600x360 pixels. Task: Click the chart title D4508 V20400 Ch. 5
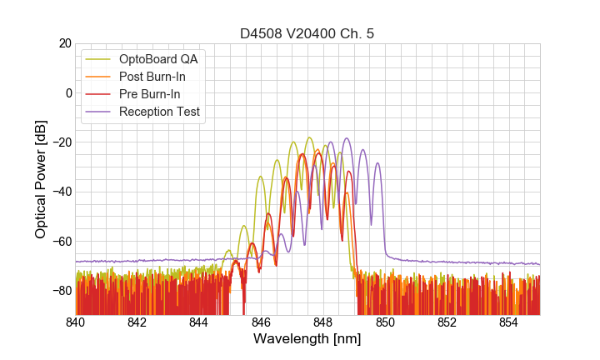tap(307, 33)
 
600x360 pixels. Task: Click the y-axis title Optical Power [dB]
tap(41, 178)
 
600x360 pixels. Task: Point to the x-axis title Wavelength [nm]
tap(307, 339)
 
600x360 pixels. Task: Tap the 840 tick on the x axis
tap(76, 322)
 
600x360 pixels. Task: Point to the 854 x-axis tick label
tap(508, 322)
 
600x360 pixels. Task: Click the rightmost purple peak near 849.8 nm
tap(377, 163)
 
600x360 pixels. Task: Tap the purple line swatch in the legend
tap(98, 112)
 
